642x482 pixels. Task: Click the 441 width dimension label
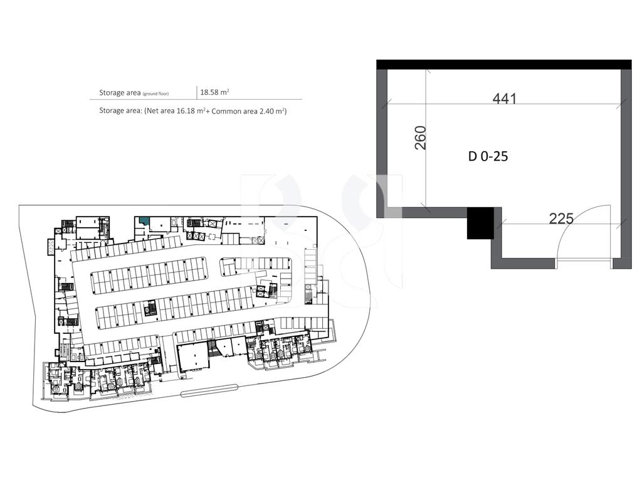point(505,99)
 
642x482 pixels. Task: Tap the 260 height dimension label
point(421,137)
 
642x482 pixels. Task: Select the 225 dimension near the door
point(561,218)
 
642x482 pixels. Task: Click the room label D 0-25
point(488,156)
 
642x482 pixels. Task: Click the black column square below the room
point(481,223)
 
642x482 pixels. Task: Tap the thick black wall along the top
point(504,65)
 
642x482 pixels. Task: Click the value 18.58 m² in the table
point(214,92)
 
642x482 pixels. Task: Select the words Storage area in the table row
point(120,93)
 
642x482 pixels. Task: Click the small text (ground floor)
point(155,94)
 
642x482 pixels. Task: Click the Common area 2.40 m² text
point(248,111)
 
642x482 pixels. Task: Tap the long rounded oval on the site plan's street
point(209,390)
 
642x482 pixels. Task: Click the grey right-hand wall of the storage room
point(626,169)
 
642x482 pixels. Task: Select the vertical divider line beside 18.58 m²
point(196,93)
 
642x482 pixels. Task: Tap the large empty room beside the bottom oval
point(192,357)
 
